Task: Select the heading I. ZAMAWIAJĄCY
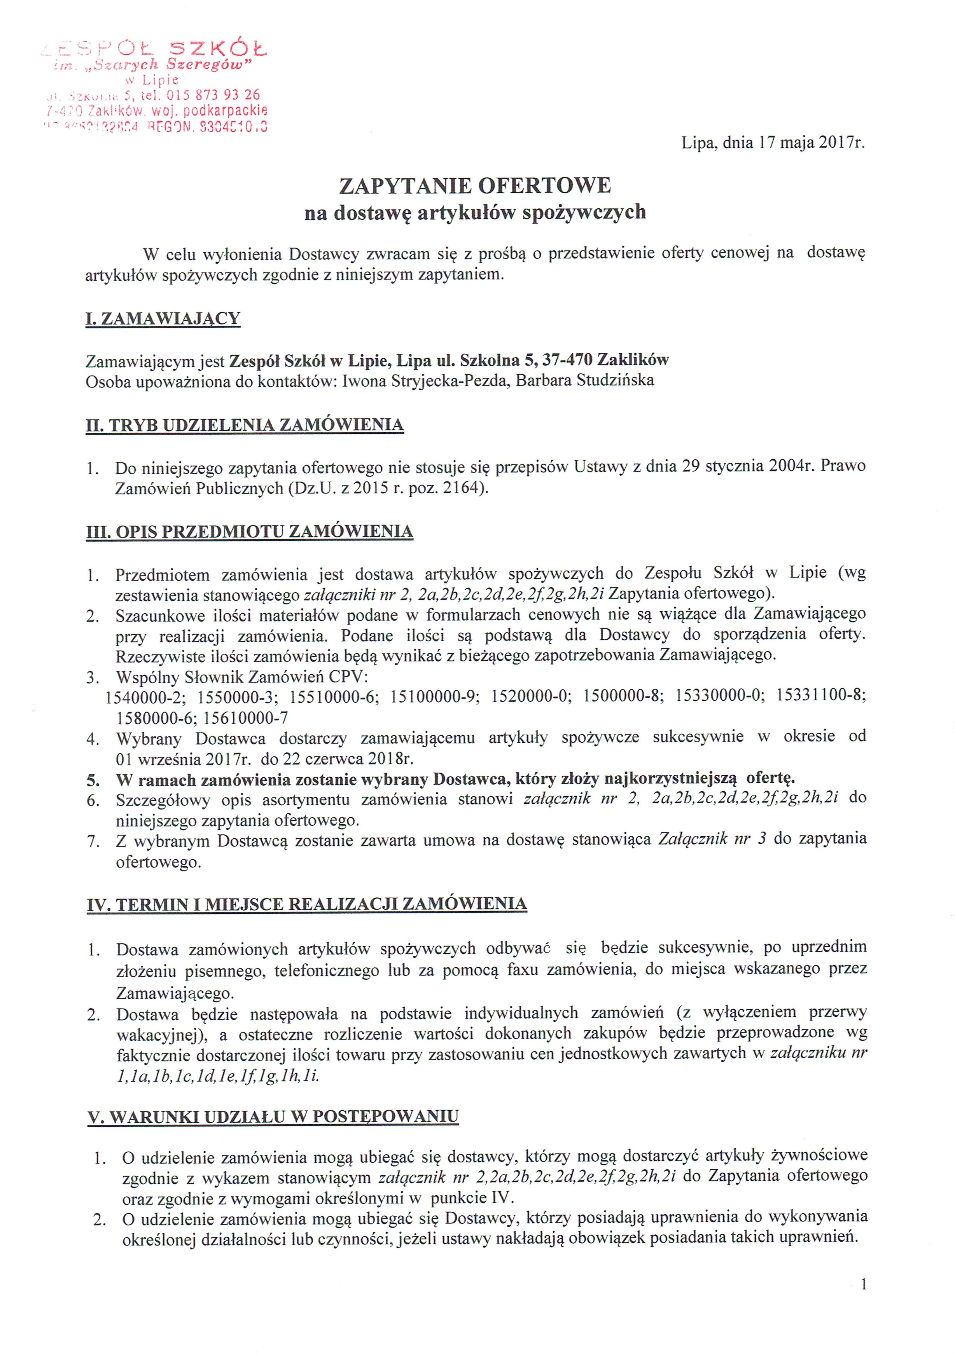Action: coord(163,319)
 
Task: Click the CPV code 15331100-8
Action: coord(820,696)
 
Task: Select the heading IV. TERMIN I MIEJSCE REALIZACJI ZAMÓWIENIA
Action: coord(307,905)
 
